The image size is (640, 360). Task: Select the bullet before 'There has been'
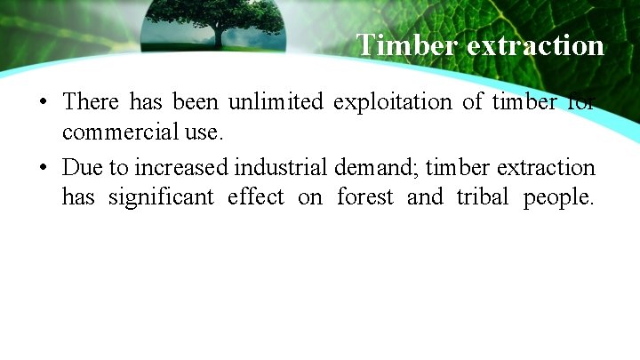tap(43, 102)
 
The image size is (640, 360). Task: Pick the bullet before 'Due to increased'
tap(43, 168)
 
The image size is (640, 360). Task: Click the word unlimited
tap(276, 102)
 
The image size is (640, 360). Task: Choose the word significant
tap(161, 197)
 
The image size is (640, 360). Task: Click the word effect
tap(255, 197)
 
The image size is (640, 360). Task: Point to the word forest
tap(364, 197)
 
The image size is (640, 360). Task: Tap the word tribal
tap(483, 197)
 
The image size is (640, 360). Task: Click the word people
tap(558, 197)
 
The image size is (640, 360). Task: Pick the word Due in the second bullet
tap(76, 167)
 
